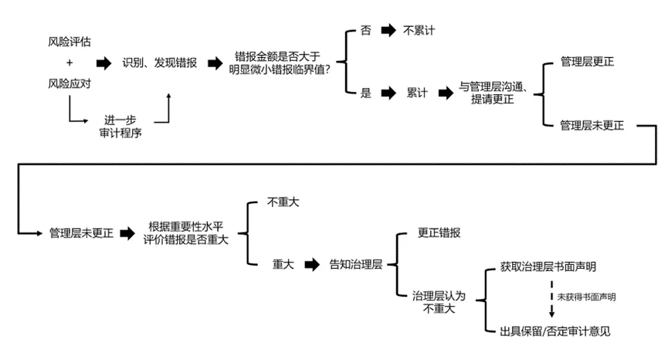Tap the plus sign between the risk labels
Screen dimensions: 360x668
coord(69,62)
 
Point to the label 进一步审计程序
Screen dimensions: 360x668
coord(120,126)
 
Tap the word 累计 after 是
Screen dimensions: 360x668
coord(418,93)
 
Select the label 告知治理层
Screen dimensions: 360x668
coord(356,264)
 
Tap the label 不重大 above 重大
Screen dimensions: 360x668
coord(283,202)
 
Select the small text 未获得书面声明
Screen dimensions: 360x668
coord(586,297)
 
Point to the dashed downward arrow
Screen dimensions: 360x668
coord(551,300)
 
